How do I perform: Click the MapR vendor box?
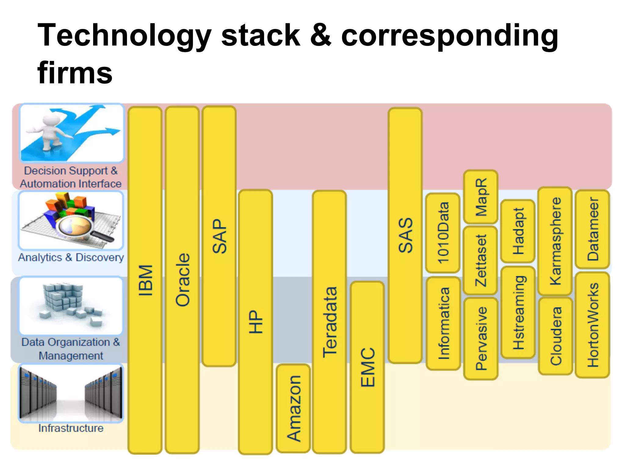click(x=481, y=197)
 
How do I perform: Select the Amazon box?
click(x=293, y=408)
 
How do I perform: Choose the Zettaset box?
click(x=481, y=260)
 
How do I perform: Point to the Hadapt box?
click(x=518, y=231)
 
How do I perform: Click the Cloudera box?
click(x=555, y=336)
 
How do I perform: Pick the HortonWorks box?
click(x=592, y=325)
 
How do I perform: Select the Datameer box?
click(x=592, y=229)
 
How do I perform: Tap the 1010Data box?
click(x=443, y=233)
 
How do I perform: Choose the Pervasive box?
click(x=481, y=339)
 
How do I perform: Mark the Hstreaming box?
click(x=518, y=312)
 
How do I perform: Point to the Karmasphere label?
click(x=555, y=241)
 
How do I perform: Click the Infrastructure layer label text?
click(x=71, y=428)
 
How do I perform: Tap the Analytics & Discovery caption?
click(x=71, y=257)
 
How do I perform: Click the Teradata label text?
click(x=330, y=322)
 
